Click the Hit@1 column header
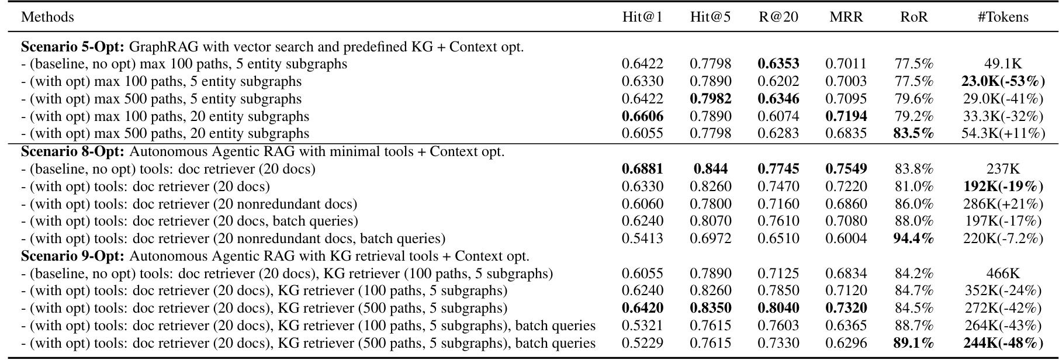click(x=642, y=17)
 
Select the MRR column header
click(x=846, y=17)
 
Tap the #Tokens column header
click(x=1003, y=17)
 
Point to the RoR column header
click(x=914, y=17)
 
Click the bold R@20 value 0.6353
click(x=778, y=64)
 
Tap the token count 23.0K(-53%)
click(x=1003, y=81)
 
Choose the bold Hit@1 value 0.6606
click(x=642, y=116)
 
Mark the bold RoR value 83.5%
click(x=914, y=134)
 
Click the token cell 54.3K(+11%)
click(x=1003, y=134)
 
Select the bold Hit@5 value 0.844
click(x=711, y=169)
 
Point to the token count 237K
click(x=1003, y=169)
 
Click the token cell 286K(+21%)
click(x=1003, y=204)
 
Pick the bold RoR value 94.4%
click(x=914, y=238)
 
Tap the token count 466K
click(x=1003, y=274)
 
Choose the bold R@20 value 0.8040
click(x=778, y=308)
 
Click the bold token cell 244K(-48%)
click(x=1003, y=343)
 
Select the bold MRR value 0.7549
click(x=846, y=169)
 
